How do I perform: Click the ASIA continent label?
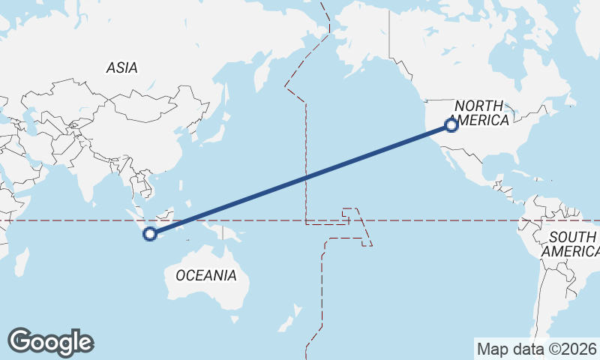pyautogui.click(x=121, y=67)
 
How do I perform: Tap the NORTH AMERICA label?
pyautogui.click(x=481, y=113)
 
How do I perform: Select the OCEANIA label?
pyautogui.click(x=205, y=275)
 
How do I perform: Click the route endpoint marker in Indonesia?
pyautogui.click(x=150, y=234)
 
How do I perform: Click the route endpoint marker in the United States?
pyautogui.click(x=451, y=125)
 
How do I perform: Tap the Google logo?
pyautogui.click(x=50, y=342)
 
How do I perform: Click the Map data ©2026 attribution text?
pyautogui.click(x=536, y=349)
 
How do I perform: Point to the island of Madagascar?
pyautogui.click(x=22, y=262)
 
